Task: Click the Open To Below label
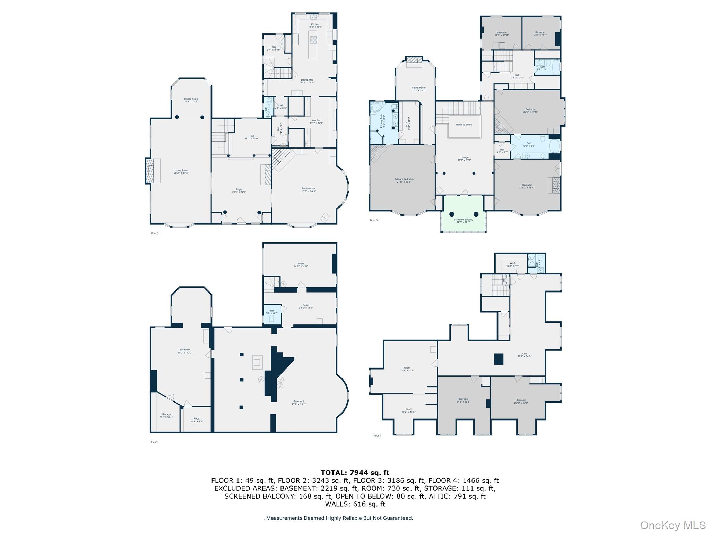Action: click(x=464, y=125)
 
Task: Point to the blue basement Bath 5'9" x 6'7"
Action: click(x=272, y=314)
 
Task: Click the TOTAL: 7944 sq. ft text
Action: click(x=355, y=473)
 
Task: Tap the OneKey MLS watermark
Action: click(x=673, y=525)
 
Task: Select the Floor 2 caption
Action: click(x=155, y=233)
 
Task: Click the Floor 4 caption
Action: click(x=377, y=435)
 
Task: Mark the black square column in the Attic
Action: click(x=499, y=359)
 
